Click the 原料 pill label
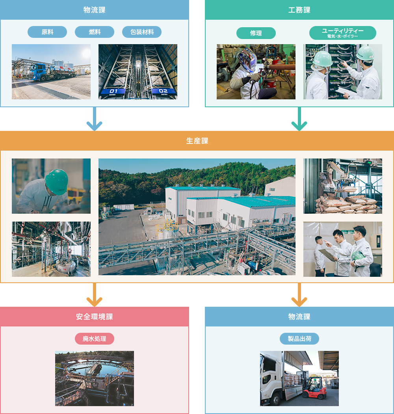click(47, 32)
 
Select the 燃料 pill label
click(95, 32)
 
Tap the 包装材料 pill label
click(142, 32)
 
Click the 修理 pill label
click(256, 33)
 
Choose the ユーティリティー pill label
click(342, 33)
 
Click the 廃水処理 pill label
click(95, 339)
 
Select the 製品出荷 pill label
click(299, 339)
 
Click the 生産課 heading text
click(197, 141)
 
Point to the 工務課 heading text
click(299, 10)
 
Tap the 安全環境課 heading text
click(95, 317)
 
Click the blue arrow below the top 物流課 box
click(95, 120)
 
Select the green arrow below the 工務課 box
click(299, 120)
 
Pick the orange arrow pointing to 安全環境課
click(95, 296)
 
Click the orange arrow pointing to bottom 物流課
click(299, 296)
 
